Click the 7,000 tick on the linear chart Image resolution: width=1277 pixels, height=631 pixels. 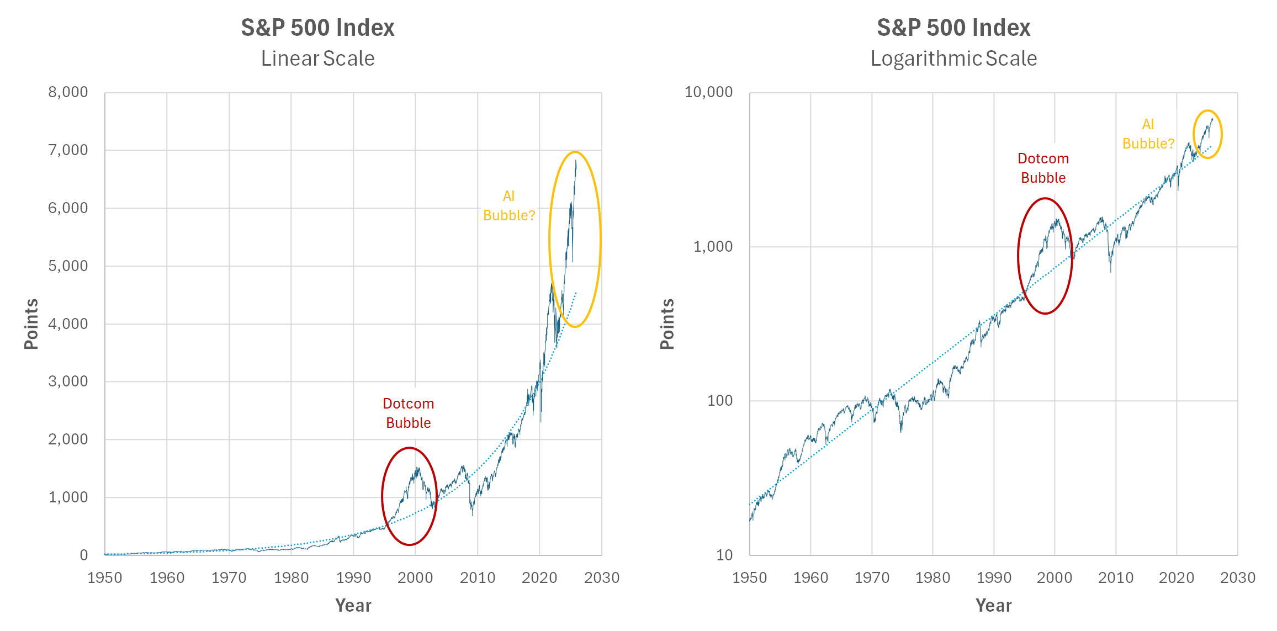pyautogui.click(x=68, y=150)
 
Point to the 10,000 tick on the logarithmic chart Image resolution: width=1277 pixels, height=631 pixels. pyautogui.click(x=708, y=92)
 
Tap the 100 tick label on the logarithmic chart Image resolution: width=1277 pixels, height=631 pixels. pyautogui.click(x=720, y=401)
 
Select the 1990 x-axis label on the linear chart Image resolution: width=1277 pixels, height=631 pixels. pyautogui.click(x=353, y=578)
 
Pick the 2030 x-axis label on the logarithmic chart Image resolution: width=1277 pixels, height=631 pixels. pyautogui.click(x=1237, y=578)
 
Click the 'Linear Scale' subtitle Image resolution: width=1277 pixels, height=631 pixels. pyautogui.click(x=317, y=59)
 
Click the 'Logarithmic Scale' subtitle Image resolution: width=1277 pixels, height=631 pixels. pyautogui.click(x=953, y=59)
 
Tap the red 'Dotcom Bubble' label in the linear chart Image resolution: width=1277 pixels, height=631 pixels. pyautogui.click(x=409, y=413)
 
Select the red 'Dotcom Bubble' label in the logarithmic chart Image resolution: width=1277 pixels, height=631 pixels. pyautogui.click(x=1043, y=168)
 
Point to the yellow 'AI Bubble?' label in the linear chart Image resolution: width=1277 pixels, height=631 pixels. pyautogui.click(x=509, y=206)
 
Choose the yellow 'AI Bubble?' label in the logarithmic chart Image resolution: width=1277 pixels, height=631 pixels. pyautogui.click(x=1148, y=134)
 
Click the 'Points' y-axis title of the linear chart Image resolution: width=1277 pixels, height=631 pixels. pyautogui.click(x=31, y=324)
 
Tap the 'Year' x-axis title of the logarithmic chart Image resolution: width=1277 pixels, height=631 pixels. pyautogui.click(x=993, y=606)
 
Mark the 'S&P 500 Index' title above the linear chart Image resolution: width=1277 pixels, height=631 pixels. pyautogui.click(x=317, y=28)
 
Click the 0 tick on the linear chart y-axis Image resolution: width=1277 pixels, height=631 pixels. pyautogui.click(x=83, y=555)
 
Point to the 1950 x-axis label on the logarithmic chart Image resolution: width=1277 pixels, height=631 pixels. pyautogui.click(x=749, y=578)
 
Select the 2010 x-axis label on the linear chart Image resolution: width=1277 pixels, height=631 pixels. pyautogui.click(x=478, y=578)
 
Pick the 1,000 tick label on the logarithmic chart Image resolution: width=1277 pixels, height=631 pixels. pyautogui.click(x=713, y=247)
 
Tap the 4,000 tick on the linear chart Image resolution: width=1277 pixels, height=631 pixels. pyautogui.click(x=68, y=324)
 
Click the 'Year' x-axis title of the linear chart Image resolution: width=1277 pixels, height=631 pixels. pyautogui.click(x=353, y=606)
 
